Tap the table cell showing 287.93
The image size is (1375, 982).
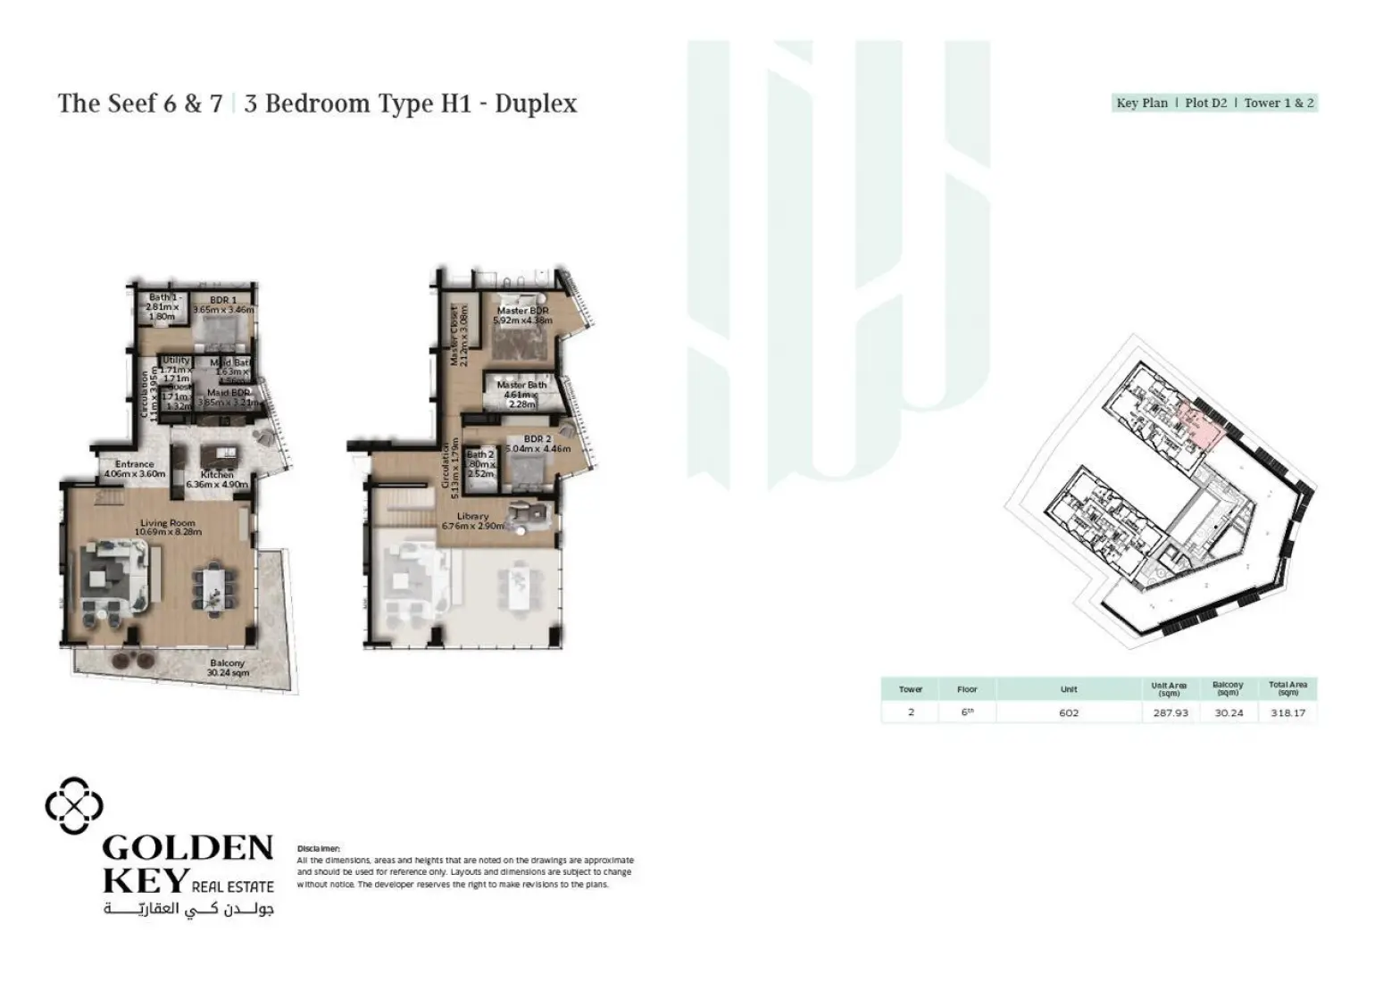click(1170, 712)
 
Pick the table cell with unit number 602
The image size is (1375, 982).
click(1069, 712)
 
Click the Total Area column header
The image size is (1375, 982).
click(1287, 688)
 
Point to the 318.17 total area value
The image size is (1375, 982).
click(1287, 712)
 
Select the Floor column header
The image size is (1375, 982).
click(967, 689)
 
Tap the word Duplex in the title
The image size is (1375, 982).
click(536, 104)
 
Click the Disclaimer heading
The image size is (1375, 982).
click(319, 848)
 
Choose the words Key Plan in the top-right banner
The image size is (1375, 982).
click(1142, 103)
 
